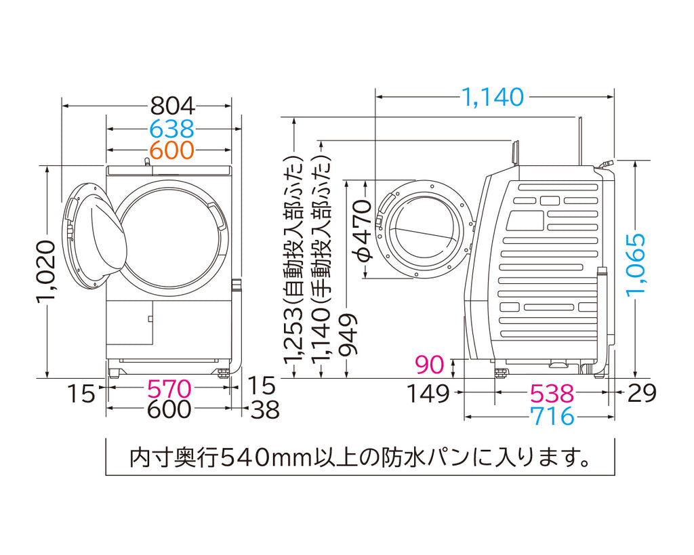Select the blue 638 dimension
coord(172,129)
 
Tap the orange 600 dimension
coord(172,150)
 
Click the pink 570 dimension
coord(169,390)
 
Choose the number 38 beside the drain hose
coord(265,410)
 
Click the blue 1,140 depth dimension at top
coord(493,97)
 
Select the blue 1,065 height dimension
coord(636,264)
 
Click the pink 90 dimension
coord(430,365)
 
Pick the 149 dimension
coord(428,394)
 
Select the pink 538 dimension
coord(552,394)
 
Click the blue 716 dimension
coord(552,416)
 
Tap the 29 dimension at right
coord(642,392)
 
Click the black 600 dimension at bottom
coord(169,410)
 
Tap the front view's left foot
coord(114,371)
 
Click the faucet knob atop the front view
coord(147,163)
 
